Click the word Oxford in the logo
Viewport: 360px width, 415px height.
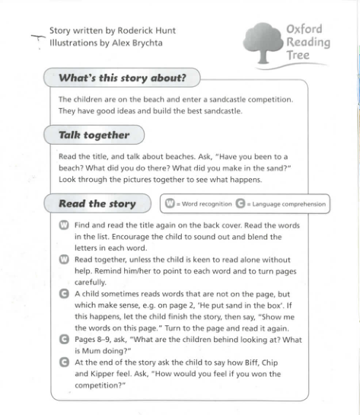coord(304,29)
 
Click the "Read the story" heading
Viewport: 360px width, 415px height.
coord(97,203)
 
